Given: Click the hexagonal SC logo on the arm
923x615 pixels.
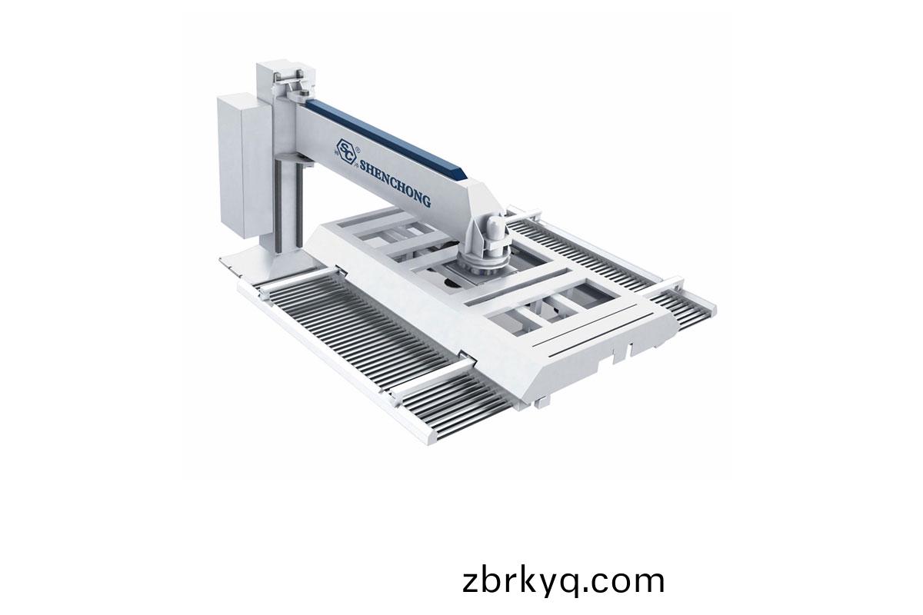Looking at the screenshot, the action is coord(345,153).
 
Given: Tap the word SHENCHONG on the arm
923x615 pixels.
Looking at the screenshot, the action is coord(395,183).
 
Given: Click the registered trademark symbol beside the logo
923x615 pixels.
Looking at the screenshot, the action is coord(357,146).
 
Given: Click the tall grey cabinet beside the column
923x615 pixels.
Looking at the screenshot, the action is coord(244,167).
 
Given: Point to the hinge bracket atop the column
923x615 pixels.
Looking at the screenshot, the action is coord(293,85).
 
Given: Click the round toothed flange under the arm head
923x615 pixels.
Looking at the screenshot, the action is coord(480,265).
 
